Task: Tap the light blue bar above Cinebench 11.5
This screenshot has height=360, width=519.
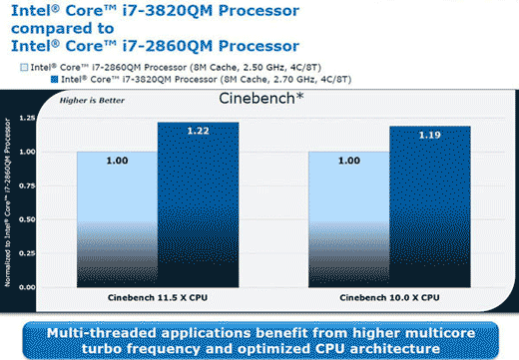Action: pyautogui.click(x=117, y=219)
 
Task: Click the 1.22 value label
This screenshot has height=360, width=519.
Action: pyautogui.click(x=198, y=131)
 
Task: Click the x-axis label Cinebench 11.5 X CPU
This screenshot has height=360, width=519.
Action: pyautogui.click(x=157, y=298)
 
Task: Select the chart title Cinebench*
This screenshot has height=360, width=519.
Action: pyautogui.click(x=261, y=101)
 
